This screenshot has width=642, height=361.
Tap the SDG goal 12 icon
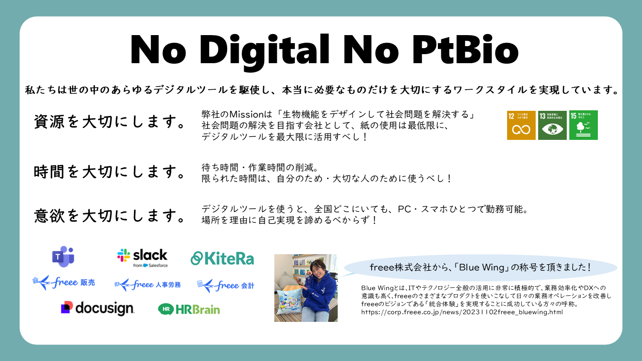(x=521, y=125)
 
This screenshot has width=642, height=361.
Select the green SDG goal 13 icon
(x=552, y=125)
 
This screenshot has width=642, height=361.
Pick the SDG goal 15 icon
(x=583, y=125)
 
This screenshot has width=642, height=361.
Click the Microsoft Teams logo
(x=63, y=257)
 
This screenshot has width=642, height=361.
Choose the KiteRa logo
(x=222, y=258)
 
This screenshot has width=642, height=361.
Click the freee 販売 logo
(x=63, y=283)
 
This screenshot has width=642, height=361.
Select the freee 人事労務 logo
(x=147, y=285)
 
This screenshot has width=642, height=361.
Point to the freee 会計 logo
(x=226, y=285)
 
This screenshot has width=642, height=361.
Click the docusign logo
(x=97, y=308)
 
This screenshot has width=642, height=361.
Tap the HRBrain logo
(x=189, y=309)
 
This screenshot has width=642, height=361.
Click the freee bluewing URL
(x=462, y=312)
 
